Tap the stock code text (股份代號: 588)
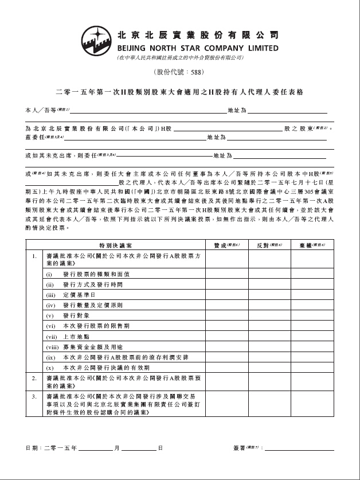point(179,72)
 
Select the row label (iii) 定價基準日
point(74,295)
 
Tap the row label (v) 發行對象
point(71,315)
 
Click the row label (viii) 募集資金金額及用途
point(84,346)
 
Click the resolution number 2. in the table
point(34,378)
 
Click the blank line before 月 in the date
point(95,447)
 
